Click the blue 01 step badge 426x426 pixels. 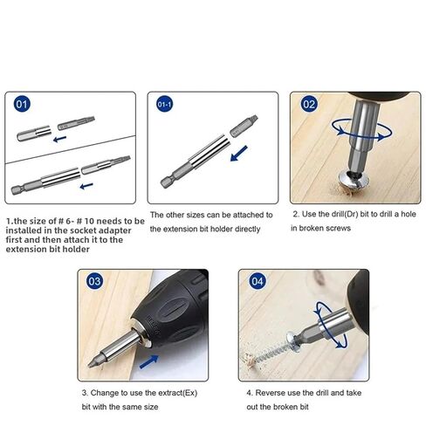22,105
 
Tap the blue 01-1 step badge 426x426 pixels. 164,105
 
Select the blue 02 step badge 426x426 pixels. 309,105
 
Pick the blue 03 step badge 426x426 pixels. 94,281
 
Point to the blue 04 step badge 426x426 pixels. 258,281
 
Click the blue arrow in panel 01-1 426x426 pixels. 238,154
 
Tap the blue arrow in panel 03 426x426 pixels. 149,361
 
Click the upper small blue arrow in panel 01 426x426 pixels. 60,139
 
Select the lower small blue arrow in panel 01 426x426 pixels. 86,186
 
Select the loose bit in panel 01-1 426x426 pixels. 244,126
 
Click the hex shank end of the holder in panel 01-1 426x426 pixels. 167,182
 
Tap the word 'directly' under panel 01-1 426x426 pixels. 247,230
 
